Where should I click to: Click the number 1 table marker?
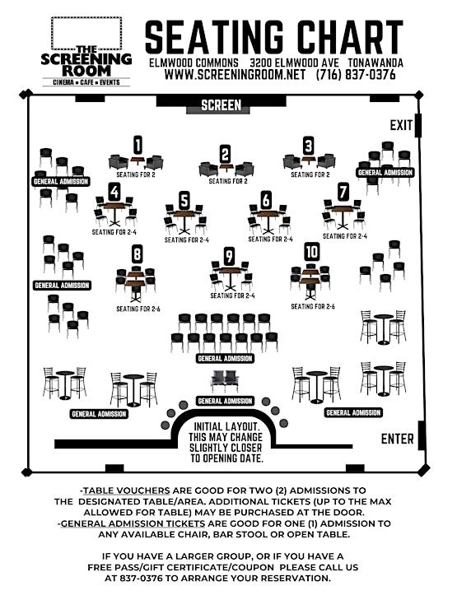138,146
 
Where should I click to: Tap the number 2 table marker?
225,154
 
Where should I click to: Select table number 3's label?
308,146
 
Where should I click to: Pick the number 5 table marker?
184,201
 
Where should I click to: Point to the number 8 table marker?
137,254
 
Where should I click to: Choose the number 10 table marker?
311,252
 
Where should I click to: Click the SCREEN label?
222,105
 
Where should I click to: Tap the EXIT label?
401,125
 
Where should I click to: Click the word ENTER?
397,439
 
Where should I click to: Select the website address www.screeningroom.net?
235,74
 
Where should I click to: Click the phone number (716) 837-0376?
356,74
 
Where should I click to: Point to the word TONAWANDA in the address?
375,63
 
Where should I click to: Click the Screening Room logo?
86,51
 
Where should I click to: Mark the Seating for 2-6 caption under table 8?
138,309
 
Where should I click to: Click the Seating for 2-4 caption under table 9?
232,295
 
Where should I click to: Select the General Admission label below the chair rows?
225,358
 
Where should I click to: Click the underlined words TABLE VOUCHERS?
127,490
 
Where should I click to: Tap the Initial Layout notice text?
226,442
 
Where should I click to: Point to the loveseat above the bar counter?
225,381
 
